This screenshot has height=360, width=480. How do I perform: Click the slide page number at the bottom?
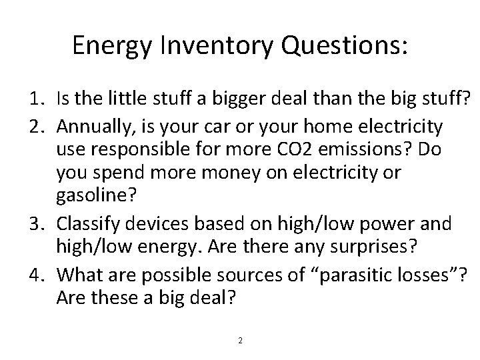[241, 341]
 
